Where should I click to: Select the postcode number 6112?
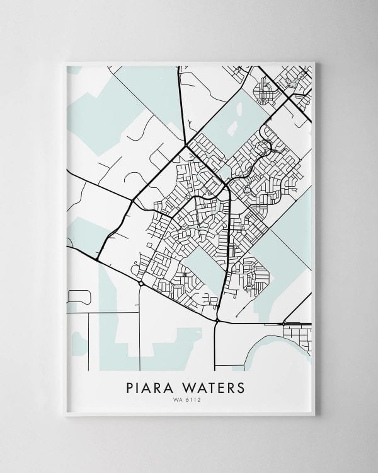pyautogui.click(x=195, y=399)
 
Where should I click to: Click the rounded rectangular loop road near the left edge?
pyautogui.click(x=79, y=296)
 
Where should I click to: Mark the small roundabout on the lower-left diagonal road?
pyautogui.click(x=140, y=284)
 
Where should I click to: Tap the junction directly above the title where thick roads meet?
pyautogui.click(x=217, y=321)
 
